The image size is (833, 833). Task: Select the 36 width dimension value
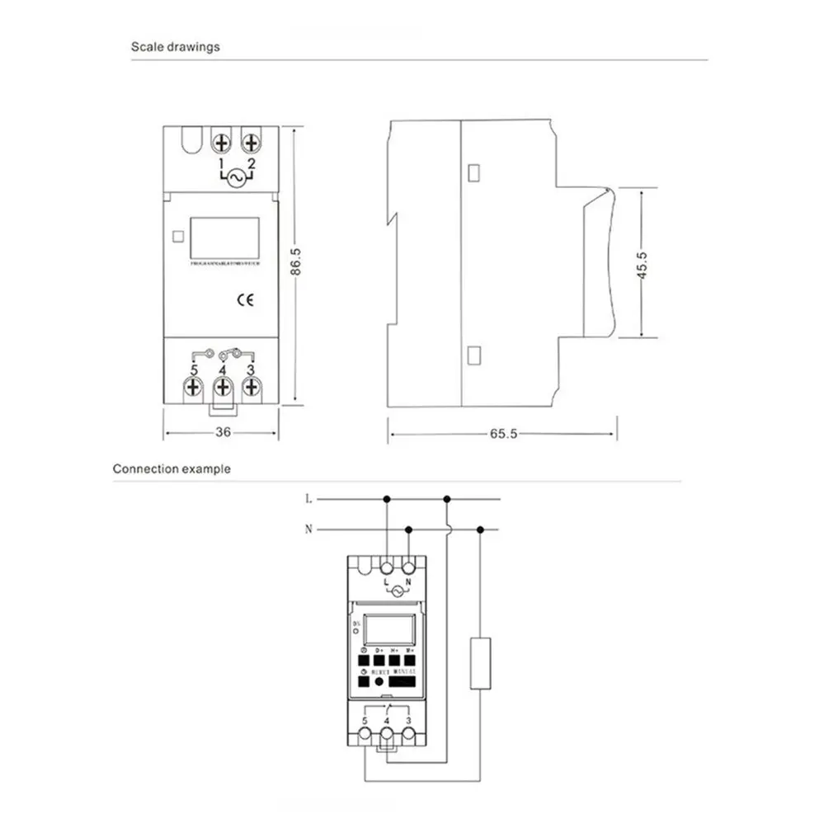click(x=222, y=432)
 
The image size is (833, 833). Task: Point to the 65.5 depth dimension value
click(x=502, y=434)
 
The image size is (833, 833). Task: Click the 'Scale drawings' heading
click(x=176, y=47)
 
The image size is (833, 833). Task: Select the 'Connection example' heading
click(x=172, y=469)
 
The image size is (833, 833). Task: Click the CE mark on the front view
click(x=245, y=300)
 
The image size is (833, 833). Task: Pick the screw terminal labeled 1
click(x=222, y=144)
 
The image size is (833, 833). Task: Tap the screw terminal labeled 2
click(x=251, y=144)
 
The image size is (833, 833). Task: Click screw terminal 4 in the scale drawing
click(x=223, y=386)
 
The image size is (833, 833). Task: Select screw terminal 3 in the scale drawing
click(x=252, y=386)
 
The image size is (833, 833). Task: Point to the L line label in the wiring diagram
click(x=308, y=499)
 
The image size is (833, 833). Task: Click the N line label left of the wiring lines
click(x=308, y=529)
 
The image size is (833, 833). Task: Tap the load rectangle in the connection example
click(x=481, y=662)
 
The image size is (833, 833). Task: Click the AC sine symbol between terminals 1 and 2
click(x=237, y=176)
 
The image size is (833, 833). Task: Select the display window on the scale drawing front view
click(x=224, y=238)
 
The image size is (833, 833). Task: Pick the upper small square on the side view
click(x=474, y=173)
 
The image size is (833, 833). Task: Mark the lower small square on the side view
click(x=474, y=355)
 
